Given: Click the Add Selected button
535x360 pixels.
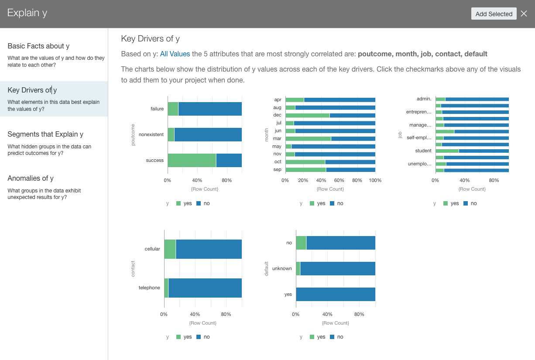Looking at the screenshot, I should (494, 14).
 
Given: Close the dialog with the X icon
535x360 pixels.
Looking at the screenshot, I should (524, 14).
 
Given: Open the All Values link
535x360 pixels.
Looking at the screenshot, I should (175, 54).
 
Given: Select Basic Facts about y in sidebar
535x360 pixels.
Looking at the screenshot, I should (38, 46).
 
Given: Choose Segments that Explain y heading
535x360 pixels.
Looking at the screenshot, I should (45, 134).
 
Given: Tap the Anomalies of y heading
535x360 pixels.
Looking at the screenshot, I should (31, 178).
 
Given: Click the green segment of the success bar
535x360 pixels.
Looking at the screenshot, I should (192, 161).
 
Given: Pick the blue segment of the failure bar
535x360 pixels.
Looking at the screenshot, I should (210, 109).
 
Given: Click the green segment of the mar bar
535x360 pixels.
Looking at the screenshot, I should (308, 139).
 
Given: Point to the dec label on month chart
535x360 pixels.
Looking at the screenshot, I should (277, 115).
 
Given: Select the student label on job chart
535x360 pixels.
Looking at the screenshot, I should (423, 151).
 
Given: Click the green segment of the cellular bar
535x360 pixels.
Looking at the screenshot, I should (170, 249).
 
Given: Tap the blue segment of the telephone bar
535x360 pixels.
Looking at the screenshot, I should (205, 288).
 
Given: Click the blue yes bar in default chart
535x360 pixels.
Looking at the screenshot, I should (336, 295).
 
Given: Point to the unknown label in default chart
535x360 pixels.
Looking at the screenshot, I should (281, 269).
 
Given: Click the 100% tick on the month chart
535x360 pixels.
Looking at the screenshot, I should (375, 181).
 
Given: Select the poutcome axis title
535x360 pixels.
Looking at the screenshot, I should (134, 134).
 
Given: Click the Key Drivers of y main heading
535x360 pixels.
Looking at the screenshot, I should (150, 39).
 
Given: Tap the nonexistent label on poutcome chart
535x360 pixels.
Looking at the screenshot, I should (151, 135).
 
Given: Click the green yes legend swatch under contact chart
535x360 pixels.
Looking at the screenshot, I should (178, 337).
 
